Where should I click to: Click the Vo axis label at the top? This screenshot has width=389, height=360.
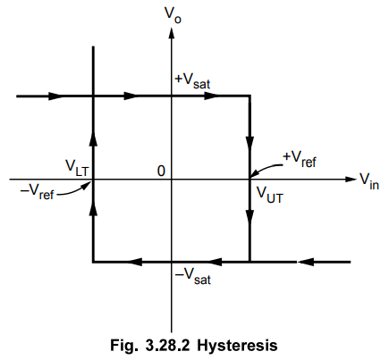click(x=173, y=14)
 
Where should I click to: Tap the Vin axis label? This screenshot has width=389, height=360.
click(x=369, y=181)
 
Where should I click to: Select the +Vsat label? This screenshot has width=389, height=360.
click(x=192, y=81)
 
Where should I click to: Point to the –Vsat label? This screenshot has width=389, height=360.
click(x=193, y=277)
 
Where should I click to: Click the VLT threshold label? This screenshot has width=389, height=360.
click(x=77, y=168)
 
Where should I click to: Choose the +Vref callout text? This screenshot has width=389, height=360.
click(x=300, y=159)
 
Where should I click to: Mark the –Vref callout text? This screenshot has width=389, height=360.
click(x=37, y=192)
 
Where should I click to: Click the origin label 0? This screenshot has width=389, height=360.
click(x=161, y=171)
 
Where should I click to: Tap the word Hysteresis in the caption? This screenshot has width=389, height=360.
click(x=237, y=346)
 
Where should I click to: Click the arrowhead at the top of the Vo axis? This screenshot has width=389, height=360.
click(x=171, y=32)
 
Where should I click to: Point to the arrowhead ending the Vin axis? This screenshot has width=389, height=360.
click(x=351, y=180)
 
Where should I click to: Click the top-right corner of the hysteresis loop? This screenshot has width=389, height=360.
click(x=249, y=96)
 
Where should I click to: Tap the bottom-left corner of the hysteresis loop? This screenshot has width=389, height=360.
click(x=94, y=262)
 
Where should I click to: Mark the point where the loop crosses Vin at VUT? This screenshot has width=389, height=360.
click(x=249, y=180)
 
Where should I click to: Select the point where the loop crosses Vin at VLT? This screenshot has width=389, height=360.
click(x=94, y=180)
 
